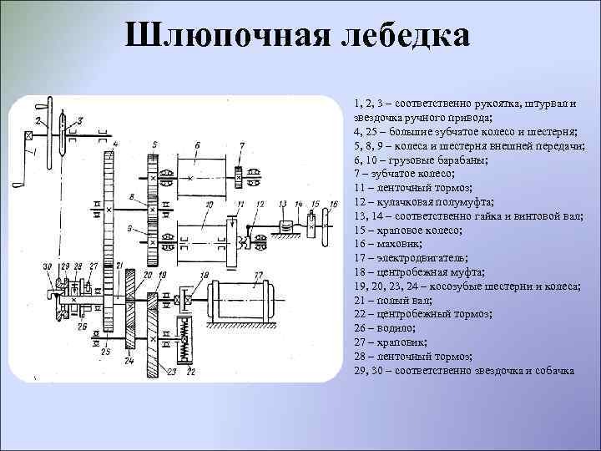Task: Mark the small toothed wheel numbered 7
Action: pyautogui.click(x=240, y=178)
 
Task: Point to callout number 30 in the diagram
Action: pyautogui.click(x=48, y=266)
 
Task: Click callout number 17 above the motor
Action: pyautogui.click(x=258, y=273)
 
